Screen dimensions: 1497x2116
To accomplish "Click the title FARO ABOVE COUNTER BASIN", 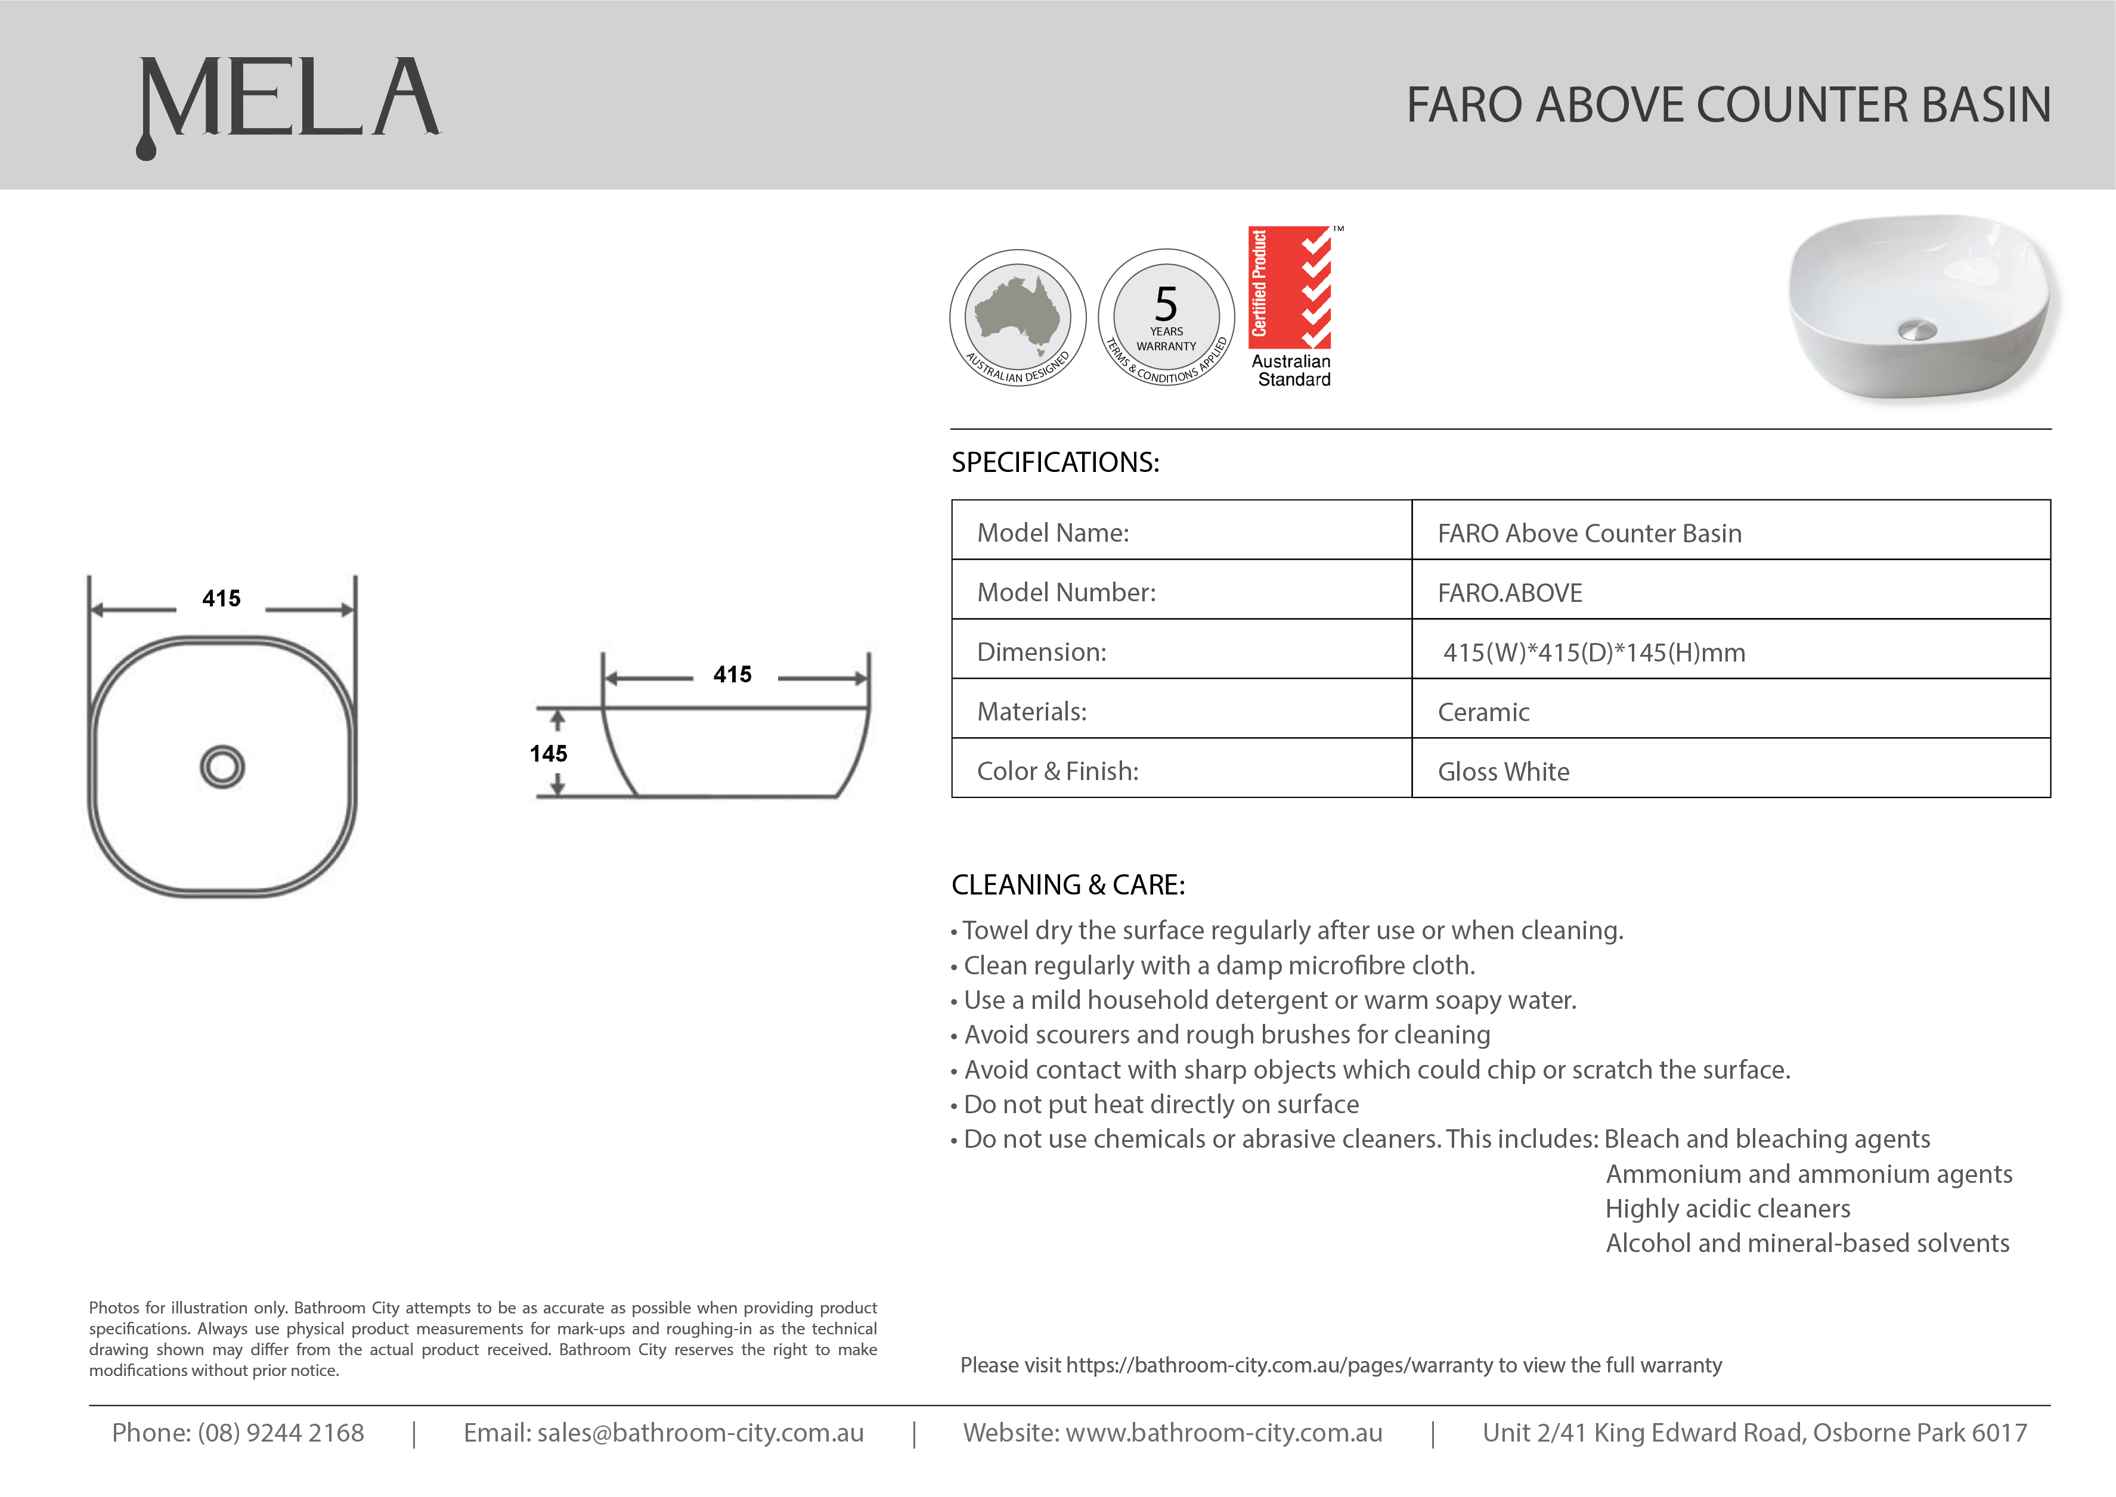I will [1728, 105].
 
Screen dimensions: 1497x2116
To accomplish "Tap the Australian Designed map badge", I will [1018, 317].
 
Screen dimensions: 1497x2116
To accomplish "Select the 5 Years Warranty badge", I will [1166, 317].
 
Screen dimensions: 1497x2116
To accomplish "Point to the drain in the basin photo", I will [1918, 329].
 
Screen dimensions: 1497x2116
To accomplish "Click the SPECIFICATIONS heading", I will [1055, 462].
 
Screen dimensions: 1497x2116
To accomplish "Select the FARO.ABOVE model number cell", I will [1509, 593].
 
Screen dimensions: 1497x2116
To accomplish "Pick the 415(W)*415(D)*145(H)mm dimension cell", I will [1593, 653].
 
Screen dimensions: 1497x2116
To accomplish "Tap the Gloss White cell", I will [1503, 772].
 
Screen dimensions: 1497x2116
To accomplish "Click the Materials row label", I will [1031, 712].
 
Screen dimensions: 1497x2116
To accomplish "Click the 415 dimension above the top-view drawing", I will [221, 599].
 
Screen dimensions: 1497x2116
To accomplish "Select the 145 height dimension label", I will [549, 754].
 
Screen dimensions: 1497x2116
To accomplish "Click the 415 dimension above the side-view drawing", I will [732, 675].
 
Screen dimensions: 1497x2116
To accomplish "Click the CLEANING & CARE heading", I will [1068, 885].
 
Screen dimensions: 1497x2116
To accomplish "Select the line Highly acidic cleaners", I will [1727, 1209].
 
